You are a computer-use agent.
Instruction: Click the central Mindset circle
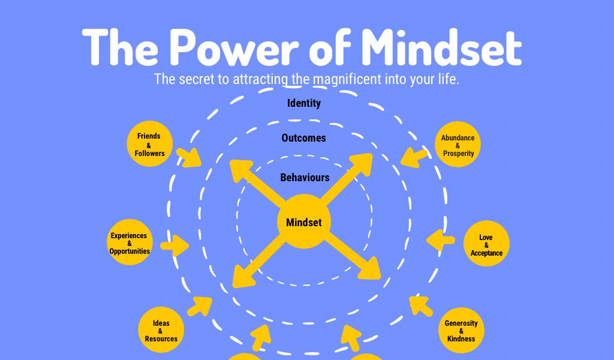click(303, 222)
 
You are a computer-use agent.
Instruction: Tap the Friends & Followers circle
click(149, 145)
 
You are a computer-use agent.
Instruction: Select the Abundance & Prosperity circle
click(458, 145)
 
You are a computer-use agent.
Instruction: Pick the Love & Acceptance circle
click(486, 245)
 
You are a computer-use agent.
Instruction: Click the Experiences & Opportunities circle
click(130, 244)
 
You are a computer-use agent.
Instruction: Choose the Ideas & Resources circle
click(161, 331)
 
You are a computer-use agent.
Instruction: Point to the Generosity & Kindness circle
click(461, 331)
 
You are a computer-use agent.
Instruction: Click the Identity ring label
click(304, 103)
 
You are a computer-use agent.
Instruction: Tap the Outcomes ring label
click(304, 138)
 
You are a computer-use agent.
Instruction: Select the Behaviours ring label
click(305, 178)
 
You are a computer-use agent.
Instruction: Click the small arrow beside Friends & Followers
click(189, 157)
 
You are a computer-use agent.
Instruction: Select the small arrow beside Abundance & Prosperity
click(413, 157)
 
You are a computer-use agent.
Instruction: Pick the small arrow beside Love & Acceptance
click(441, 241)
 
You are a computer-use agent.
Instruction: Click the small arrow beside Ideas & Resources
click(200, 306)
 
